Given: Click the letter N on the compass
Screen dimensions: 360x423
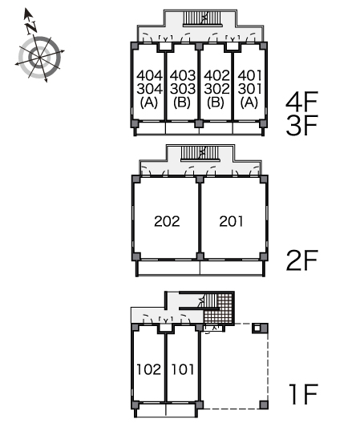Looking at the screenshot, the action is pyautogui.click(x=31, y=28).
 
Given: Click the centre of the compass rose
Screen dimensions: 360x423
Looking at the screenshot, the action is pyautogui.click(x=40, y=58).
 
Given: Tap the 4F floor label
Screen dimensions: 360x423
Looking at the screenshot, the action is pyautogui.click(x=301, y=102).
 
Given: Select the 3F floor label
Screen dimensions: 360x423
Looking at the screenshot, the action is pyautogui.click(x=301, y=125).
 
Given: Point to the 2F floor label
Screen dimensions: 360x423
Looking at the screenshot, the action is pyautogui.click(x=301, y=260).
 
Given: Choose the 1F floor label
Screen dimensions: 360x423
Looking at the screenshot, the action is pyautogui.click(x=303, y=394).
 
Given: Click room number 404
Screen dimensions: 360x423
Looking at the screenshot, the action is pyautogui.click(x=150, y=75).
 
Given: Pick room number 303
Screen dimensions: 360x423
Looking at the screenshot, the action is pyautogui.click(x=183, y=89).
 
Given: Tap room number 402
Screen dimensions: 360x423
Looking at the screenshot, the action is pyautogui.click(x=216, y=75).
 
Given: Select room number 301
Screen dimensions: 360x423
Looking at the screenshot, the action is pyautogui.click(x=250, y=89).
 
